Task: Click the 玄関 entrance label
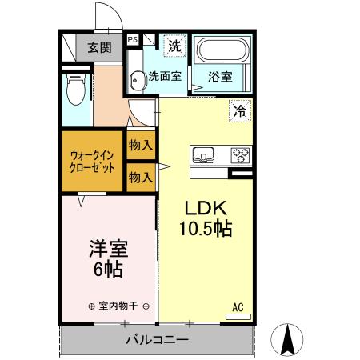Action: pos(100,47)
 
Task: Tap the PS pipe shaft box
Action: pos(132,38)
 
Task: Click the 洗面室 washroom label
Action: pos(166,77)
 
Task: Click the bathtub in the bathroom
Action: pos(223,53)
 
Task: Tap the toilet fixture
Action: pos(76,90)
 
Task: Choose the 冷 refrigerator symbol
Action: pos(238,111)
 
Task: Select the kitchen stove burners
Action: pos(242,154)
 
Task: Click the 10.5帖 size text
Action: pos(205,230)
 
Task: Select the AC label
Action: pos(238,306)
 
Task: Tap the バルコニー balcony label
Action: pos(156,341)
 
